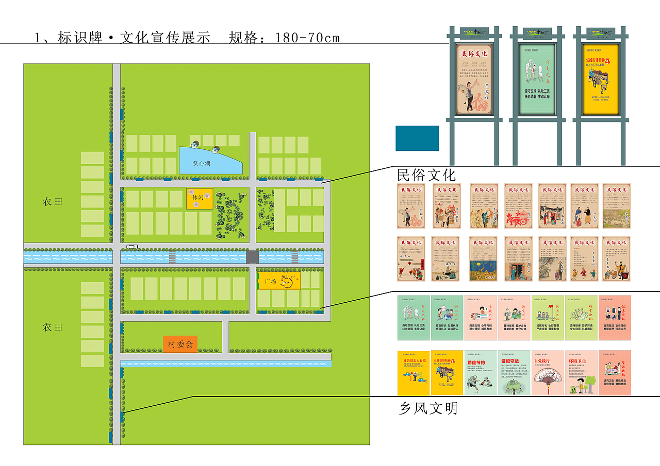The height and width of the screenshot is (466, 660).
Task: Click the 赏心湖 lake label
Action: [x=202, y=163]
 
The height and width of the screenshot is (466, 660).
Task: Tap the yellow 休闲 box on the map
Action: [x=199, y=198]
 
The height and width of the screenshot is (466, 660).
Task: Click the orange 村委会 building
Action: [x=180, y=344]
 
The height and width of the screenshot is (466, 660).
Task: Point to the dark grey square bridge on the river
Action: [x=252, y=256]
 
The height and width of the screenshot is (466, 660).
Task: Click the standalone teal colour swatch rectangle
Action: [x=417, y=138]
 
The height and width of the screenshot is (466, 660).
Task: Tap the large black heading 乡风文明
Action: [x=428, y=408]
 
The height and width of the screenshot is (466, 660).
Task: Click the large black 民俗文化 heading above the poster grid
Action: [x=426, y=175]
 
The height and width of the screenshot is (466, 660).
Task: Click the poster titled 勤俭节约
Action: [x=480, y=373]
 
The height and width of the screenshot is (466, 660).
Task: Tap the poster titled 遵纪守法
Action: [x=514, y=373]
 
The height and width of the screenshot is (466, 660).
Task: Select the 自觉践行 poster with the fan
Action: [x=548, y=373]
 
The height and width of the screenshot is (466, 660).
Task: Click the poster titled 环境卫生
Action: [x=581, y=373]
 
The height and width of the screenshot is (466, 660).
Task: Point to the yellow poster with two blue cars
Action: [x=414, y=373]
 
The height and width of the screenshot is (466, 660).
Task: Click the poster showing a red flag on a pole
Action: [x=548, y=317]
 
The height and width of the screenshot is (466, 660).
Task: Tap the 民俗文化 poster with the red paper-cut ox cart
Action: [x=518, y=206]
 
